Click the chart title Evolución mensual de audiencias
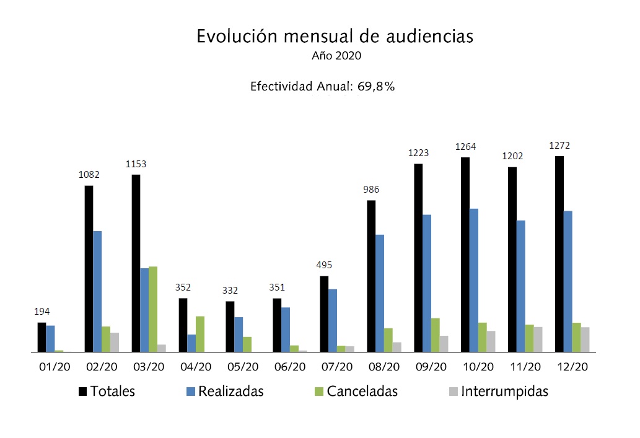click(x=335, y=36)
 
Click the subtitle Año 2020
click(x=336, y=56)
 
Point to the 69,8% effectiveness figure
click(x=375, y=87)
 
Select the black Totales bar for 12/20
click(x=559, y=254)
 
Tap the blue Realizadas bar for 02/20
click(x=97, y=291)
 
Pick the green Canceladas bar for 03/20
click(x=153, y=309)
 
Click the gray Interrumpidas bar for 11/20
click(x=538, y=339)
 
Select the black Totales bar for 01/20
click(x=42, y=337)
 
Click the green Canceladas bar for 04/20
click(x=200, y=334)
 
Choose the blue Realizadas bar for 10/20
click(x=474, y=280)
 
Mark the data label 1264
click(x=465, y=147)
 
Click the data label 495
click(x=324, y=265)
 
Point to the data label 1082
click(x=89, y=175)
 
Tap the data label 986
click(x=371, y=190)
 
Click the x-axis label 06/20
click(x=289, y=367)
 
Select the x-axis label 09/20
click(x=431, y=367)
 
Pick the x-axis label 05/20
click(x=242, y=367)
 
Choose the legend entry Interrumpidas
click(x=503, y=392)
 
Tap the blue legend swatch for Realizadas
click(x=191, y=392)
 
